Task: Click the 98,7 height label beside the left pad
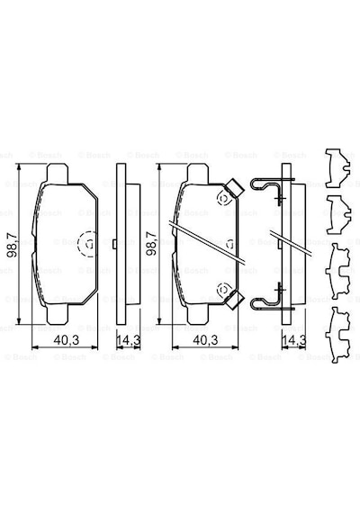[13, 245]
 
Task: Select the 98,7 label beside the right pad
[151, 244]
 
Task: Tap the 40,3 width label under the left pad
[67, 340]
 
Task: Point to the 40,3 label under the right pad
[205, 340]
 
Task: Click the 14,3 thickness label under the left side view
[129, 340]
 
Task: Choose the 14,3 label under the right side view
[293, 340]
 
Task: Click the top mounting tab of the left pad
[58, 174]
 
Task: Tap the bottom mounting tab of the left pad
[58, 314]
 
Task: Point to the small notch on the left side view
[114, 244]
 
